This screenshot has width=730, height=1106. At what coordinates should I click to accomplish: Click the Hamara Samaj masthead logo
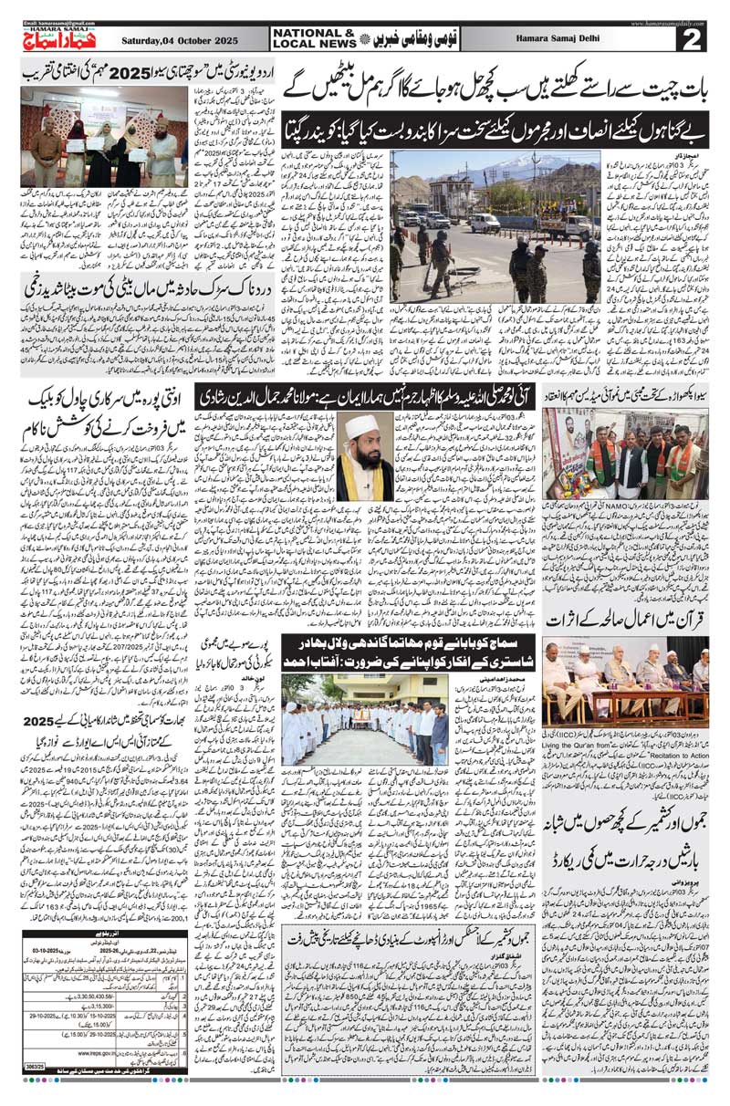(x=57, y=35)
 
